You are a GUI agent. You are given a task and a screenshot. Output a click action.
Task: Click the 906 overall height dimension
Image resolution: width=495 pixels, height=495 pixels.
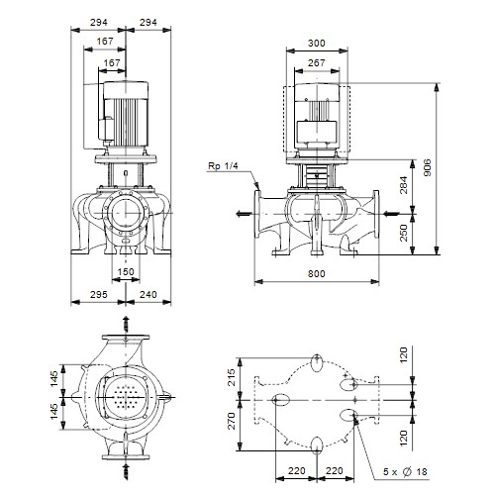[428, 167]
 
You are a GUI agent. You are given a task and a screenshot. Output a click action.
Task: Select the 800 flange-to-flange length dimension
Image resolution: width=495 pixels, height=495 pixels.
[317, 273]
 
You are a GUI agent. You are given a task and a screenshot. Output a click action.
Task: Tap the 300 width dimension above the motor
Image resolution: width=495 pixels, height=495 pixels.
[317, 43]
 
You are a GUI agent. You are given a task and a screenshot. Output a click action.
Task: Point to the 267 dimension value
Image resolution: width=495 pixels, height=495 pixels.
[317, 62]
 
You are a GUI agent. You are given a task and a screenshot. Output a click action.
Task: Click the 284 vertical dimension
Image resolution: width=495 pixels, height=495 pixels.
[404, 185]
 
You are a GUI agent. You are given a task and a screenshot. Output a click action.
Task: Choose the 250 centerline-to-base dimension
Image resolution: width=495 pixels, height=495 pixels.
[404, 233]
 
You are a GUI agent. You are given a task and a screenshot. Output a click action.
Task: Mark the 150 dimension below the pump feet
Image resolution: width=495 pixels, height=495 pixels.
[126, 271]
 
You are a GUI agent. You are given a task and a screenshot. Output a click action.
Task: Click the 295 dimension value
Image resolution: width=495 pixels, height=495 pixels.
[99, 294]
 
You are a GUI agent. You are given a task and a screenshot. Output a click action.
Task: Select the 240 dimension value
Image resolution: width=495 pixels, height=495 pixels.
[148, 294]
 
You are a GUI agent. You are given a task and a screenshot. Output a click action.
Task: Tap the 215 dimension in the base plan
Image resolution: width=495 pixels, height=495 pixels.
[232, 377]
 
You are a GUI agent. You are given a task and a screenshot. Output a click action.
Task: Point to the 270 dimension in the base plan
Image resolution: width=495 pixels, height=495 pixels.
[232, 421]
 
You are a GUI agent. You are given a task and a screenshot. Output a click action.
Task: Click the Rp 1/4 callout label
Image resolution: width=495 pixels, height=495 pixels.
[223, 165]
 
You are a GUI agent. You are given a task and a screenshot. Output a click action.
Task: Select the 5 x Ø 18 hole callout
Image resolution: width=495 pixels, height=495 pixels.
[405, 471]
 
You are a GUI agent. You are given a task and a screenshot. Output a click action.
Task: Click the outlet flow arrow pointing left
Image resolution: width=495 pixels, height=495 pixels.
[245, 214]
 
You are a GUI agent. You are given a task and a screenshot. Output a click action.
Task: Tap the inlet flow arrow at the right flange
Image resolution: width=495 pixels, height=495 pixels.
[392, 214]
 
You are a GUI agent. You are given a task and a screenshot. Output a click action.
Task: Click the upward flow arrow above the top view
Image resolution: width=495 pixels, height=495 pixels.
[126, 325]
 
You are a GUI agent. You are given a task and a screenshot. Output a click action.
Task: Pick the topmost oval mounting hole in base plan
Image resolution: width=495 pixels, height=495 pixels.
[317, 363]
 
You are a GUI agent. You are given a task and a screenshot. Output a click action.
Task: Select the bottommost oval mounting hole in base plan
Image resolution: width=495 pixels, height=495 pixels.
[317, 445]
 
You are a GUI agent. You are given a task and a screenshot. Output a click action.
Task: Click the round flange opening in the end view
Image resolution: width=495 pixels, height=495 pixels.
[126, 214]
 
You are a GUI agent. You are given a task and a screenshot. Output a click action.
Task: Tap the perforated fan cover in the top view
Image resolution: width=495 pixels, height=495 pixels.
[126, 397]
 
